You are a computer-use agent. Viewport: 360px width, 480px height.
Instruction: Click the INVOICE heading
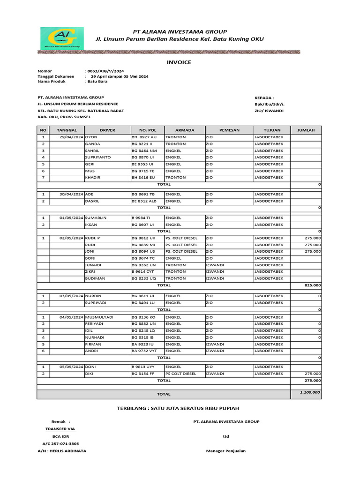click(179, 62)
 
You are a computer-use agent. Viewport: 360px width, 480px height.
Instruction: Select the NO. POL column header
click(147, 130)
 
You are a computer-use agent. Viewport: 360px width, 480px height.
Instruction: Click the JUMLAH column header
click(306, 130)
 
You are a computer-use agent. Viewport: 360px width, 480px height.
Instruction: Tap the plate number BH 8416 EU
click(144, 178)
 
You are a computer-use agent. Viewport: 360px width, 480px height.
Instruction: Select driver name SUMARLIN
click(96, 218)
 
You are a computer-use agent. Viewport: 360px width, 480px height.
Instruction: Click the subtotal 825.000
click(313, 285)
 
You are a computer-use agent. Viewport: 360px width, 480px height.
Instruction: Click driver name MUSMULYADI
click(99, 317)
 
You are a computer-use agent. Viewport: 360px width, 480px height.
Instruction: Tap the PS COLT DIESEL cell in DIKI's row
click(180, 374)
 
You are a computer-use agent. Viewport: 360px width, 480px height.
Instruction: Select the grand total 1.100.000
click(310, 392)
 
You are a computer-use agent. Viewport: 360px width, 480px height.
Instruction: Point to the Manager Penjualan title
click(226, 451)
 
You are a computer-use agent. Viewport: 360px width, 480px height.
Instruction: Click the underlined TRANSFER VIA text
click(60, 429)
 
